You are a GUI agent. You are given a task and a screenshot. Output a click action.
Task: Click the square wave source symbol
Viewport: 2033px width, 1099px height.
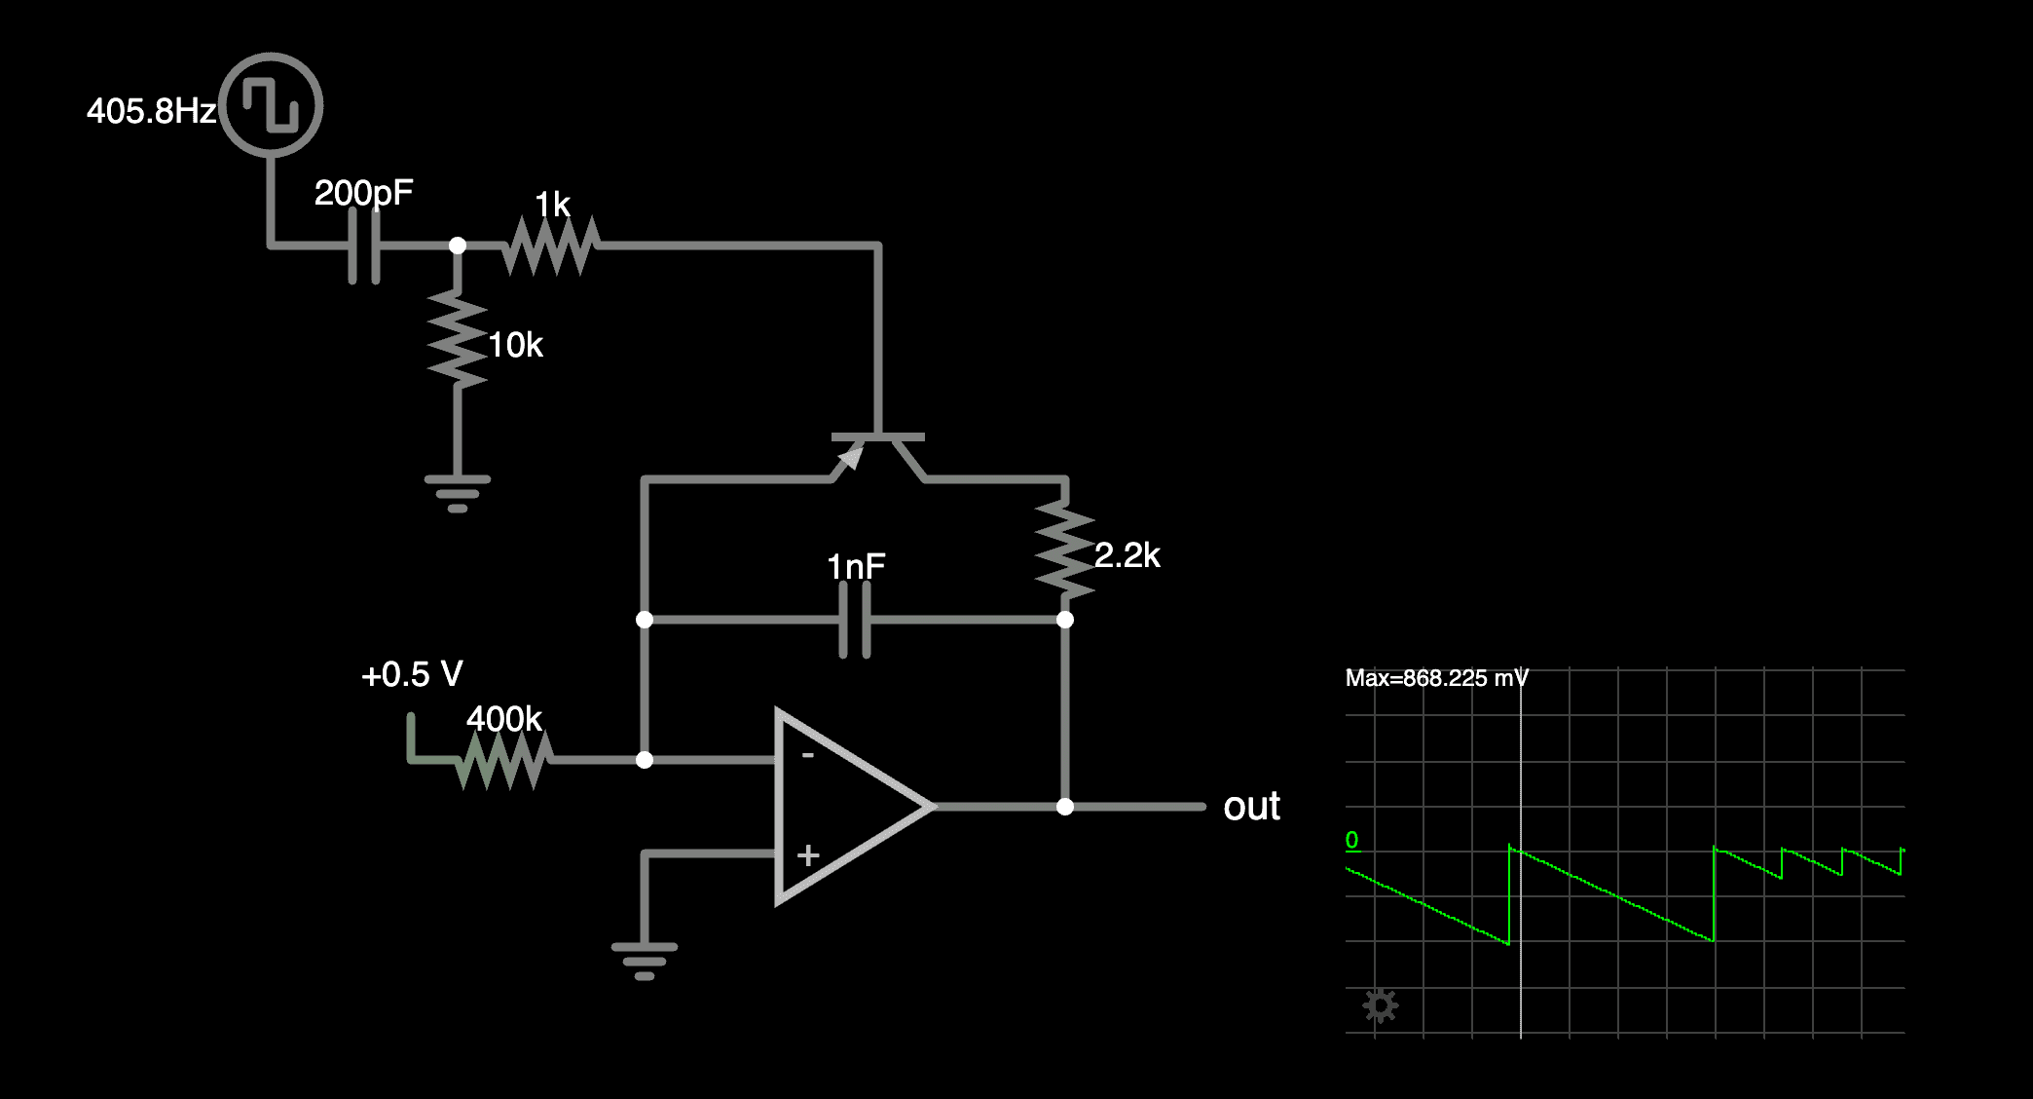click(x=271, y=104)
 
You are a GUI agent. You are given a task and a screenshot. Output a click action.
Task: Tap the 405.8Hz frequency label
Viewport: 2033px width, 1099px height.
click(x=151, y=111)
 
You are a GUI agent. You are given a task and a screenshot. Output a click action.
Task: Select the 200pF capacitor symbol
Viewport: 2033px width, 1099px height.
click(x=364, y=246)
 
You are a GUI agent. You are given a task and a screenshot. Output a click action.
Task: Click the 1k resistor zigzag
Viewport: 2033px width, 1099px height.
click(x=551, y=246)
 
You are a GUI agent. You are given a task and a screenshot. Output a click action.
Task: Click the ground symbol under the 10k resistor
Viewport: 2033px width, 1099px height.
click(x=458, y=492)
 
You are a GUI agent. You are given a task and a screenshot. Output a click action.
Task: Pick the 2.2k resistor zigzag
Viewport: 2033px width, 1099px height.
click(x=1065, y=549)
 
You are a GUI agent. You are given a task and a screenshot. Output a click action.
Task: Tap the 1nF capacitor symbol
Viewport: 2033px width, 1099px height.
click(x=855, y=620)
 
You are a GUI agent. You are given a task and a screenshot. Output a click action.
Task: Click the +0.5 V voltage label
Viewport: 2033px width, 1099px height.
click(x=412, y=674)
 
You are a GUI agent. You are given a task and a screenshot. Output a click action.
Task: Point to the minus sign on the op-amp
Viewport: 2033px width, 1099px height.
click(x=807, y=755)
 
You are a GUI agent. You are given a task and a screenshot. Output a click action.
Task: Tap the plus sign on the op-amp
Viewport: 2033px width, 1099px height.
click(x=807, y=855)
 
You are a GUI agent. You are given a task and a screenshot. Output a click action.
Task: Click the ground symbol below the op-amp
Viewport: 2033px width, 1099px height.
click(x=645, y=960)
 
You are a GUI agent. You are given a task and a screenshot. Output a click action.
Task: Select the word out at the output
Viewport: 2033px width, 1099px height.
click(x=1251, y=807)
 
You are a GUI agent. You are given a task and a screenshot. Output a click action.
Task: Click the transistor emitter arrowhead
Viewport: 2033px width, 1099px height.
click(x=851, y=456)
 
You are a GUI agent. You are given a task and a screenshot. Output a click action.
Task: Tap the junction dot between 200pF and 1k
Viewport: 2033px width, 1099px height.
click(x=458, y=246)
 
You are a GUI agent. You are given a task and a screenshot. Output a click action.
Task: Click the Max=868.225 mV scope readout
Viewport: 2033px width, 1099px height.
click(x=1436, y=678)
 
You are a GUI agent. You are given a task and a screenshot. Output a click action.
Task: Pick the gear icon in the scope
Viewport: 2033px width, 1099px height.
click(x=1380, y=1004)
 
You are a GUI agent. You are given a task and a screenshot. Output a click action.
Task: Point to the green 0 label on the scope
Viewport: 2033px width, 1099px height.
click(x=1351, y=840)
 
